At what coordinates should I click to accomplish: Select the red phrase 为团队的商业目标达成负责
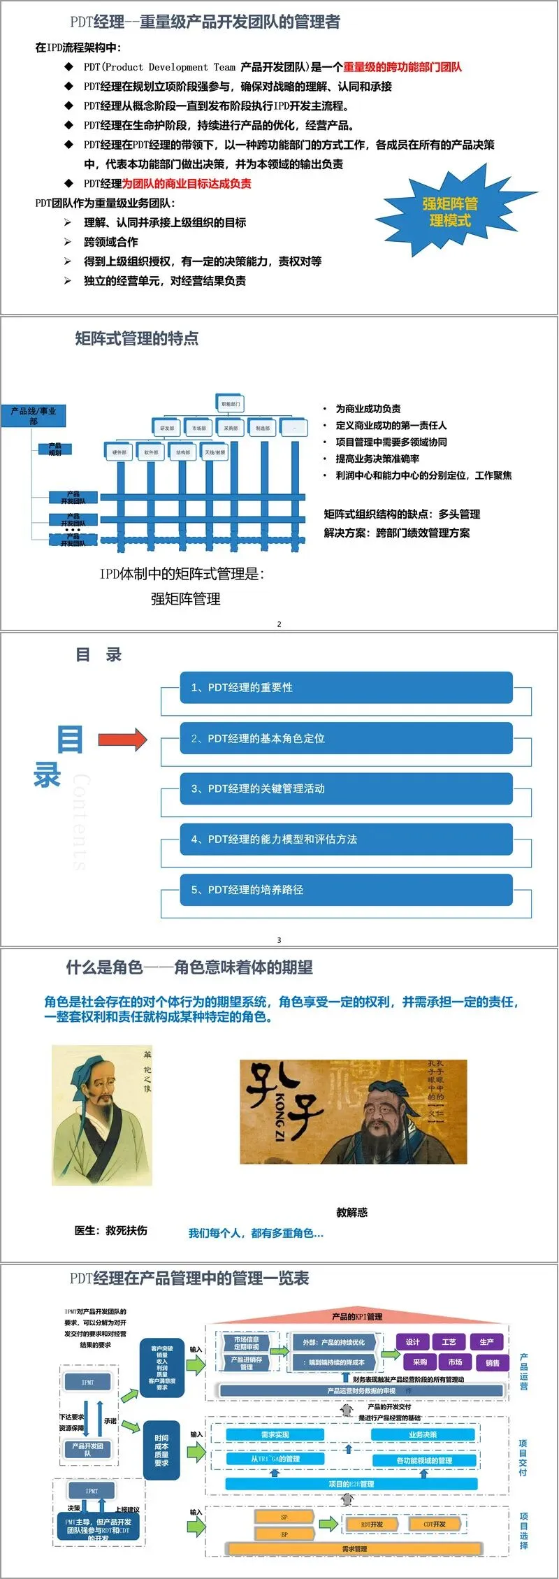187,184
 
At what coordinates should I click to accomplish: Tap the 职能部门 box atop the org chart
230,403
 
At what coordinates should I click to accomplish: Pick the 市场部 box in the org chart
199,428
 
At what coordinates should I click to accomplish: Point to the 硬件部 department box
119,452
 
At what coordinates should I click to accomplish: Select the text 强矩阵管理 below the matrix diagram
185,598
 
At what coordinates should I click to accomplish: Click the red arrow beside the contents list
122,739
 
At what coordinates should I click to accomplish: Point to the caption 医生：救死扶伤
111,1230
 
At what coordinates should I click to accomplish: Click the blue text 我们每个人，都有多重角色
256,1233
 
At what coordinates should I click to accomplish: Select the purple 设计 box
413,1341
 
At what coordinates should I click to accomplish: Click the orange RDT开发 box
371,1524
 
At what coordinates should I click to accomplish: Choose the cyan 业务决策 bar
423,1434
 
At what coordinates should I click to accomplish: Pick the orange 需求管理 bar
354,1549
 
